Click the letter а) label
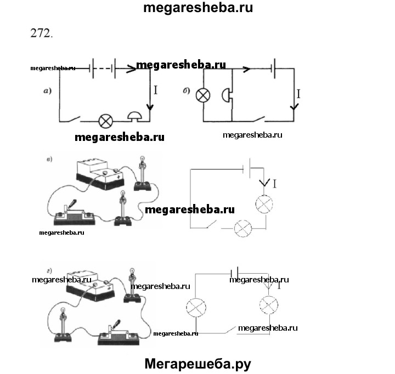[48, 91]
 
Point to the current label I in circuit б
[298, 94]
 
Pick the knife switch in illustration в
[72, 214]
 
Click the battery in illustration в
[100, 172]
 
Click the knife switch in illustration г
[118, 334]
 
